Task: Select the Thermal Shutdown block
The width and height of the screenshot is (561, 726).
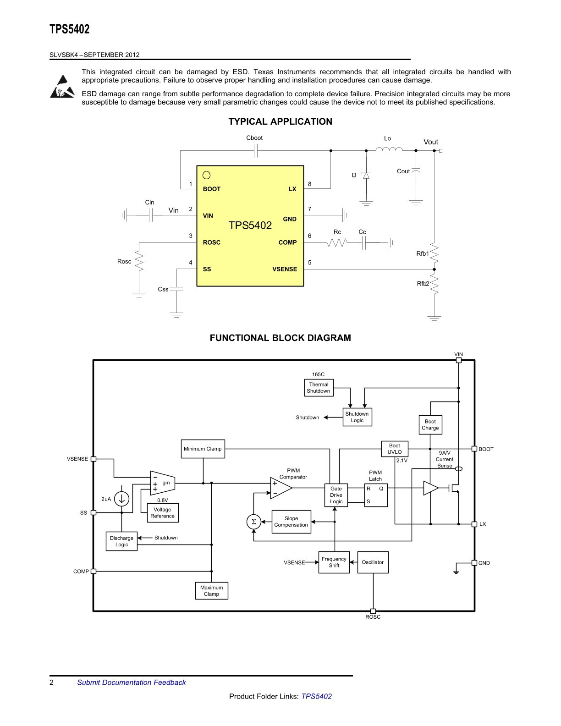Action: click(x=319, y=388)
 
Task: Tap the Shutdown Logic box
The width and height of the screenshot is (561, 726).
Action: click(x=357, y=417)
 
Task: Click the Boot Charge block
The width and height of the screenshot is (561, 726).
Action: click(x=430, y=424)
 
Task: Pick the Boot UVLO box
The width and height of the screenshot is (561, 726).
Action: click(x=395, y=449)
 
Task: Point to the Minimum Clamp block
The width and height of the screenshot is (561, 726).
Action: click(x=203, y=449)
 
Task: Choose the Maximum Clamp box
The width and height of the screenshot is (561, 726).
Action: click(x=211, y=591)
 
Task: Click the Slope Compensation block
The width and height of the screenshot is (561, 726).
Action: click(x=291, y=522)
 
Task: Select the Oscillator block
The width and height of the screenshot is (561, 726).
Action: click(x=373, y=562)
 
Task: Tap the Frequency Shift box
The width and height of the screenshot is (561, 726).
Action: click(x=334, y=562)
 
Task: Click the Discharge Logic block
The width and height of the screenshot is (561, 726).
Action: click(x=121, y=541)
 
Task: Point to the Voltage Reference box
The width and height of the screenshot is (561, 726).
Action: click(x=163, y=513)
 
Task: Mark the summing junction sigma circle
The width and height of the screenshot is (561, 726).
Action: click(x=253, y=522)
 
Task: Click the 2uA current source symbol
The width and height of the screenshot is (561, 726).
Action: click(x=121, y=499)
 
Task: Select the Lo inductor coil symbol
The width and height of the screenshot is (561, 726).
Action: click(x=389, y=149)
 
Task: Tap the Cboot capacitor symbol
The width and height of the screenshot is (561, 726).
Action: click(x=256, y=151)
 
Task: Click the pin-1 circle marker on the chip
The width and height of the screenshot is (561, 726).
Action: click(x=207, y=175)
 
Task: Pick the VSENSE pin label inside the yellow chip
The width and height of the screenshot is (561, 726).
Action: click(x=285, y=269)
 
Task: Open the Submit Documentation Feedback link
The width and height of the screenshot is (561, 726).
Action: click(x=131, y=682)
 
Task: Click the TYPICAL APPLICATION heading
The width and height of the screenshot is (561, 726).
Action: click(x=280, y=121)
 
